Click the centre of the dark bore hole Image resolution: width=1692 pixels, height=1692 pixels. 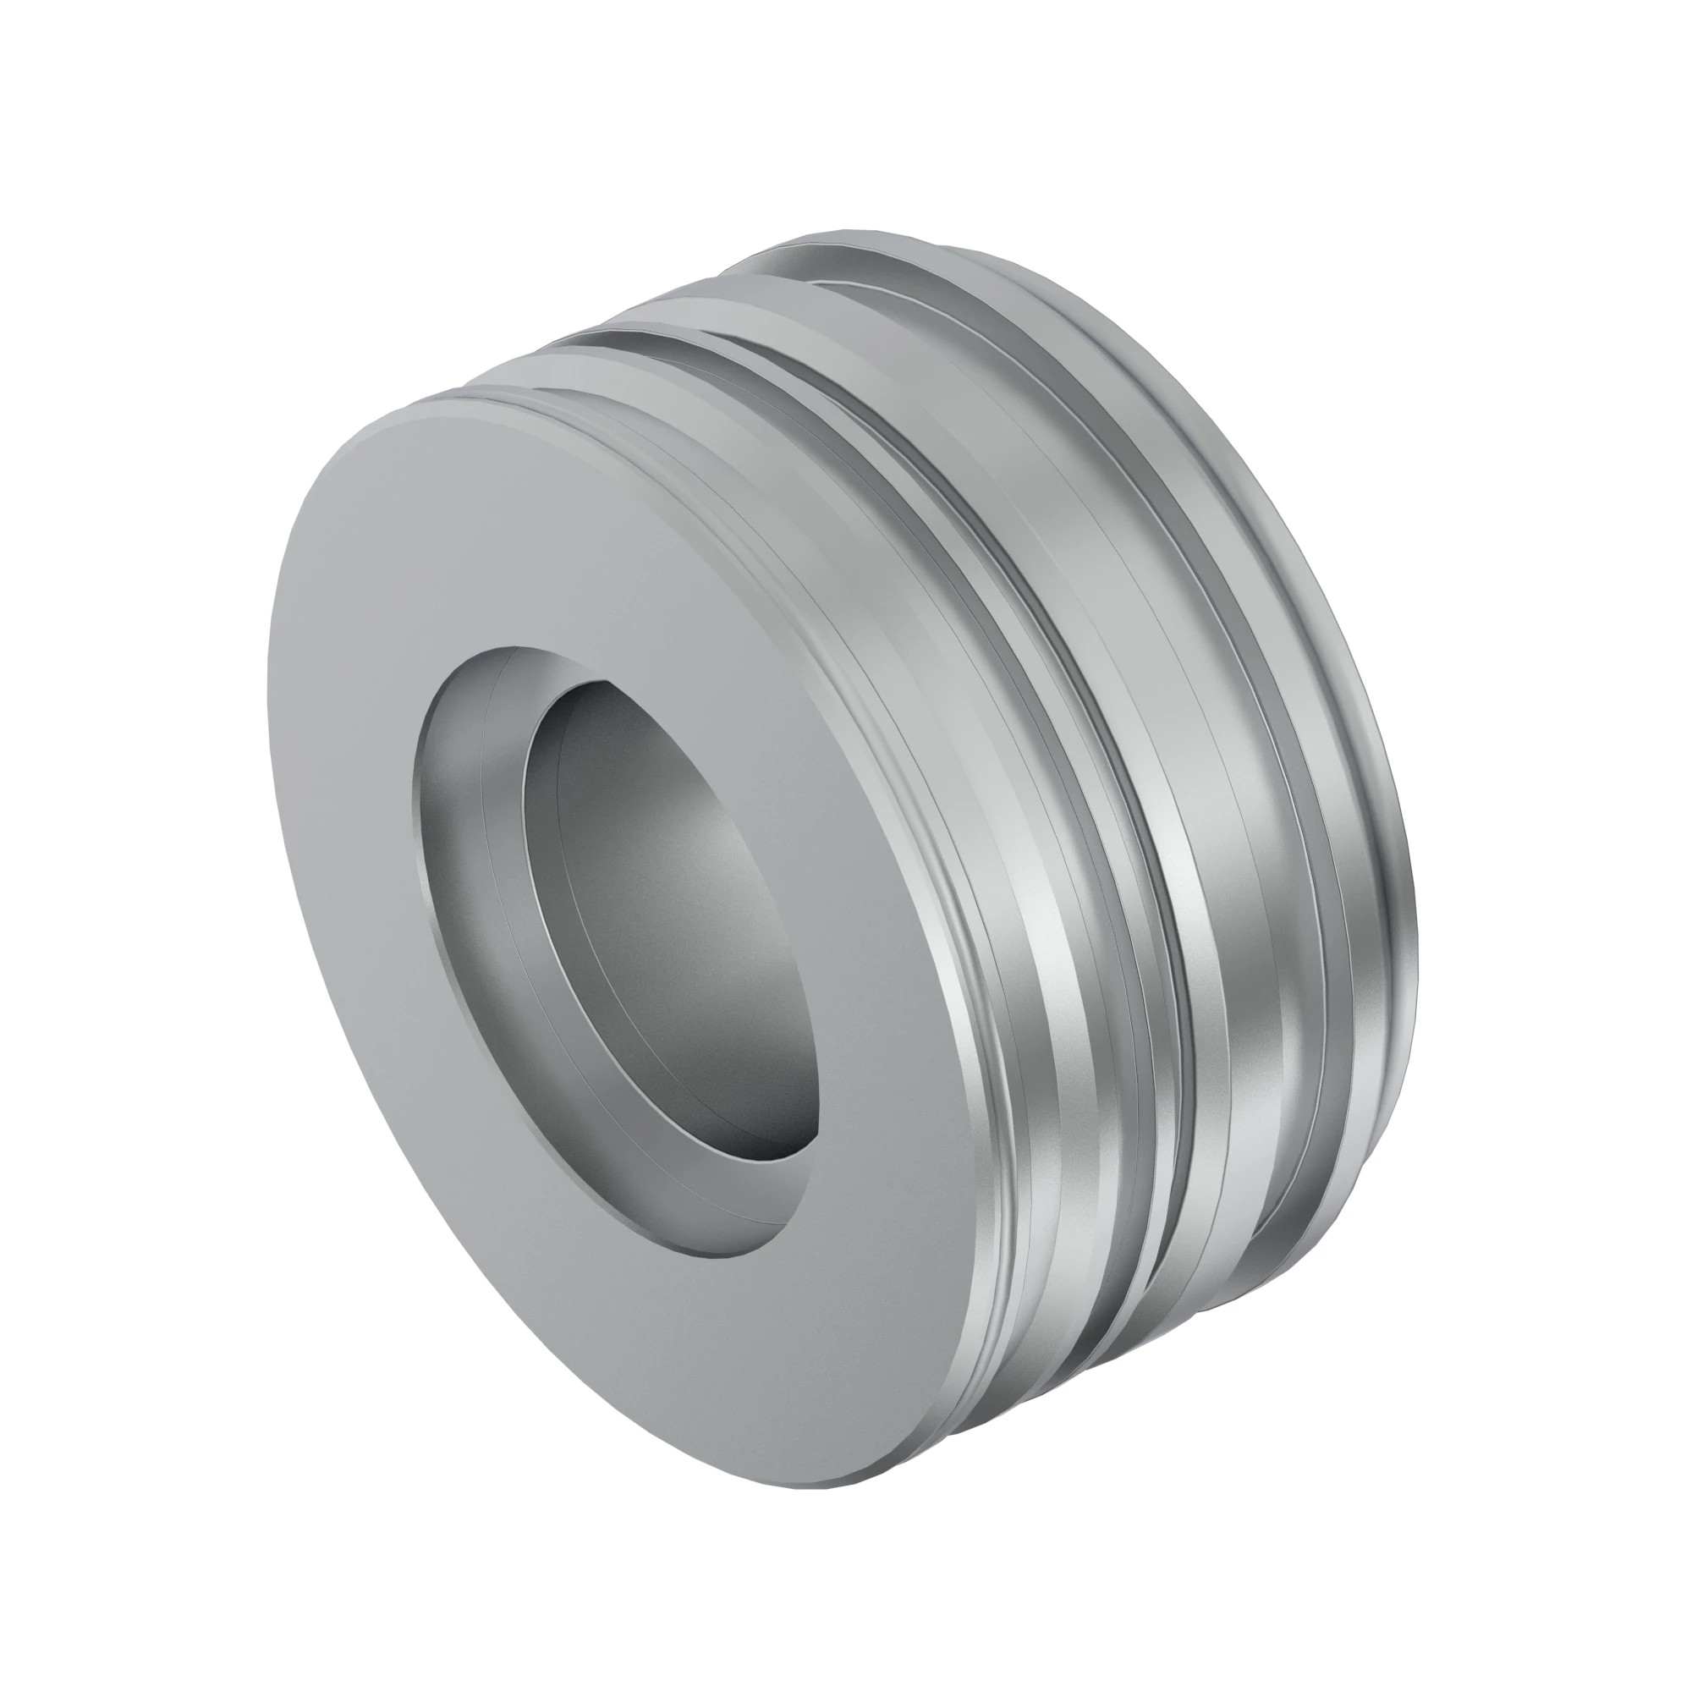[674, 911]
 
